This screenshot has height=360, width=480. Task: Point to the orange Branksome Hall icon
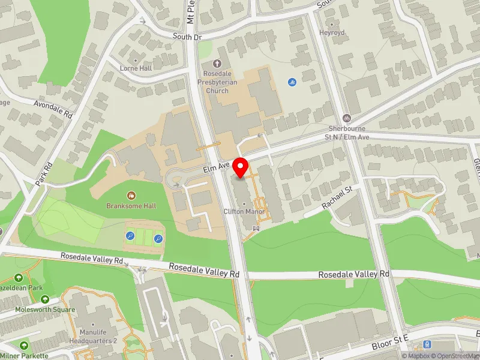coord(131,195)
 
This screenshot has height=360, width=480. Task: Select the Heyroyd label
coord(332,32)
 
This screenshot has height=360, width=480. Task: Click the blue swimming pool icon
coord(292,82)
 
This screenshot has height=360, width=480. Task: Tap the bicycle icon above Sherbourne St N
coord(346,118)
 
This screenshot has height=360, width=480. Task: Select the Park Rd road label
coord(44,174)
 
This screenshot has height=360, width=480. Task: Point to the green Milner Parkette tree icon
coord(24,346)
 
